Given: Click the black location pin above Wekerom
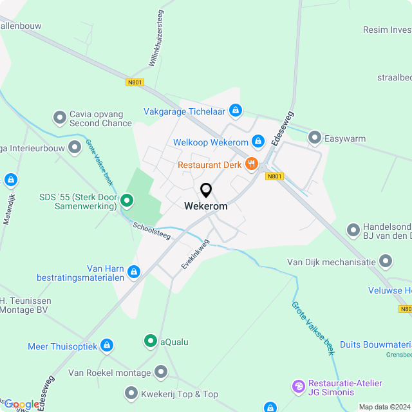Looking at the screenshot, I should click(206, 191).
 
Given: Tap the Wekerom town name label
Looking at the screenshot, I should click(205, 207).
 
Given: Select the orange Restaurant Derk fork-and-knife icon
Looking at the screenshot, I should click(251, 164).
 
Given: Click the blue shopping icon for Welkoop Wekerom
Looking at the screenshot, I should click(258, 141).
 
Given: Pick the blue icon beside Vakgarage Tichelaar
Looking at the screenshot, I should click(236, 110).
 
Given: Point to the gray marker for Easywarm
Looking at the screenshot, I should click(315, 136).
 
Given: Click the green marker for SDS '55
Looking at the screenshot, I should click(127, 201).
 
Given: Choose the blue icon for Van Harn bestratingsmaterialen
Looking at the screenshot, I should click(134, 272).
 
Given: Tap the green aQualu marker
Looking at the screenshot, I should click(150, 341).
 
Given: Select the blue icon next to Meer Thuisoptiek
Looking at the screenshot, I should click(107, 346).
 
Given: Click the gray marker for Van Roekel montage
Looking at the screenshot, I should click(161, 372).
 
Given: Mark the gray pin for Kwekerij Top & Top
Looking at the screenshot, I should click(132, 393).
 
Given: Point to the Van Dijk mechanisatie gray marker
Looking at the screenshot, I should click(386, 261).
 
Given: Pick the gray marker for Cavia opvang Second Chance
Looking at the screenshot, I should click(60, 118).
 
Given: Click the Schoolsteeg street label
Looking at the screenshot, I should click(152, 232).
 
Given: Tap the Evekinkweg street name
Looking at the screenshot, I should click(195, 255).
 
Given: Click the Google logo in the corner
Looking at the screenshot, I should click(21, 404).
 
